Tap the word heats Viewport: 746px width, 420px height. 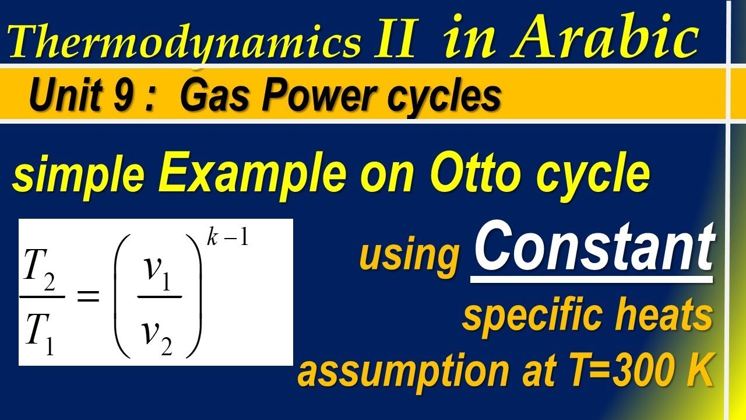tap(664, 316)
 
